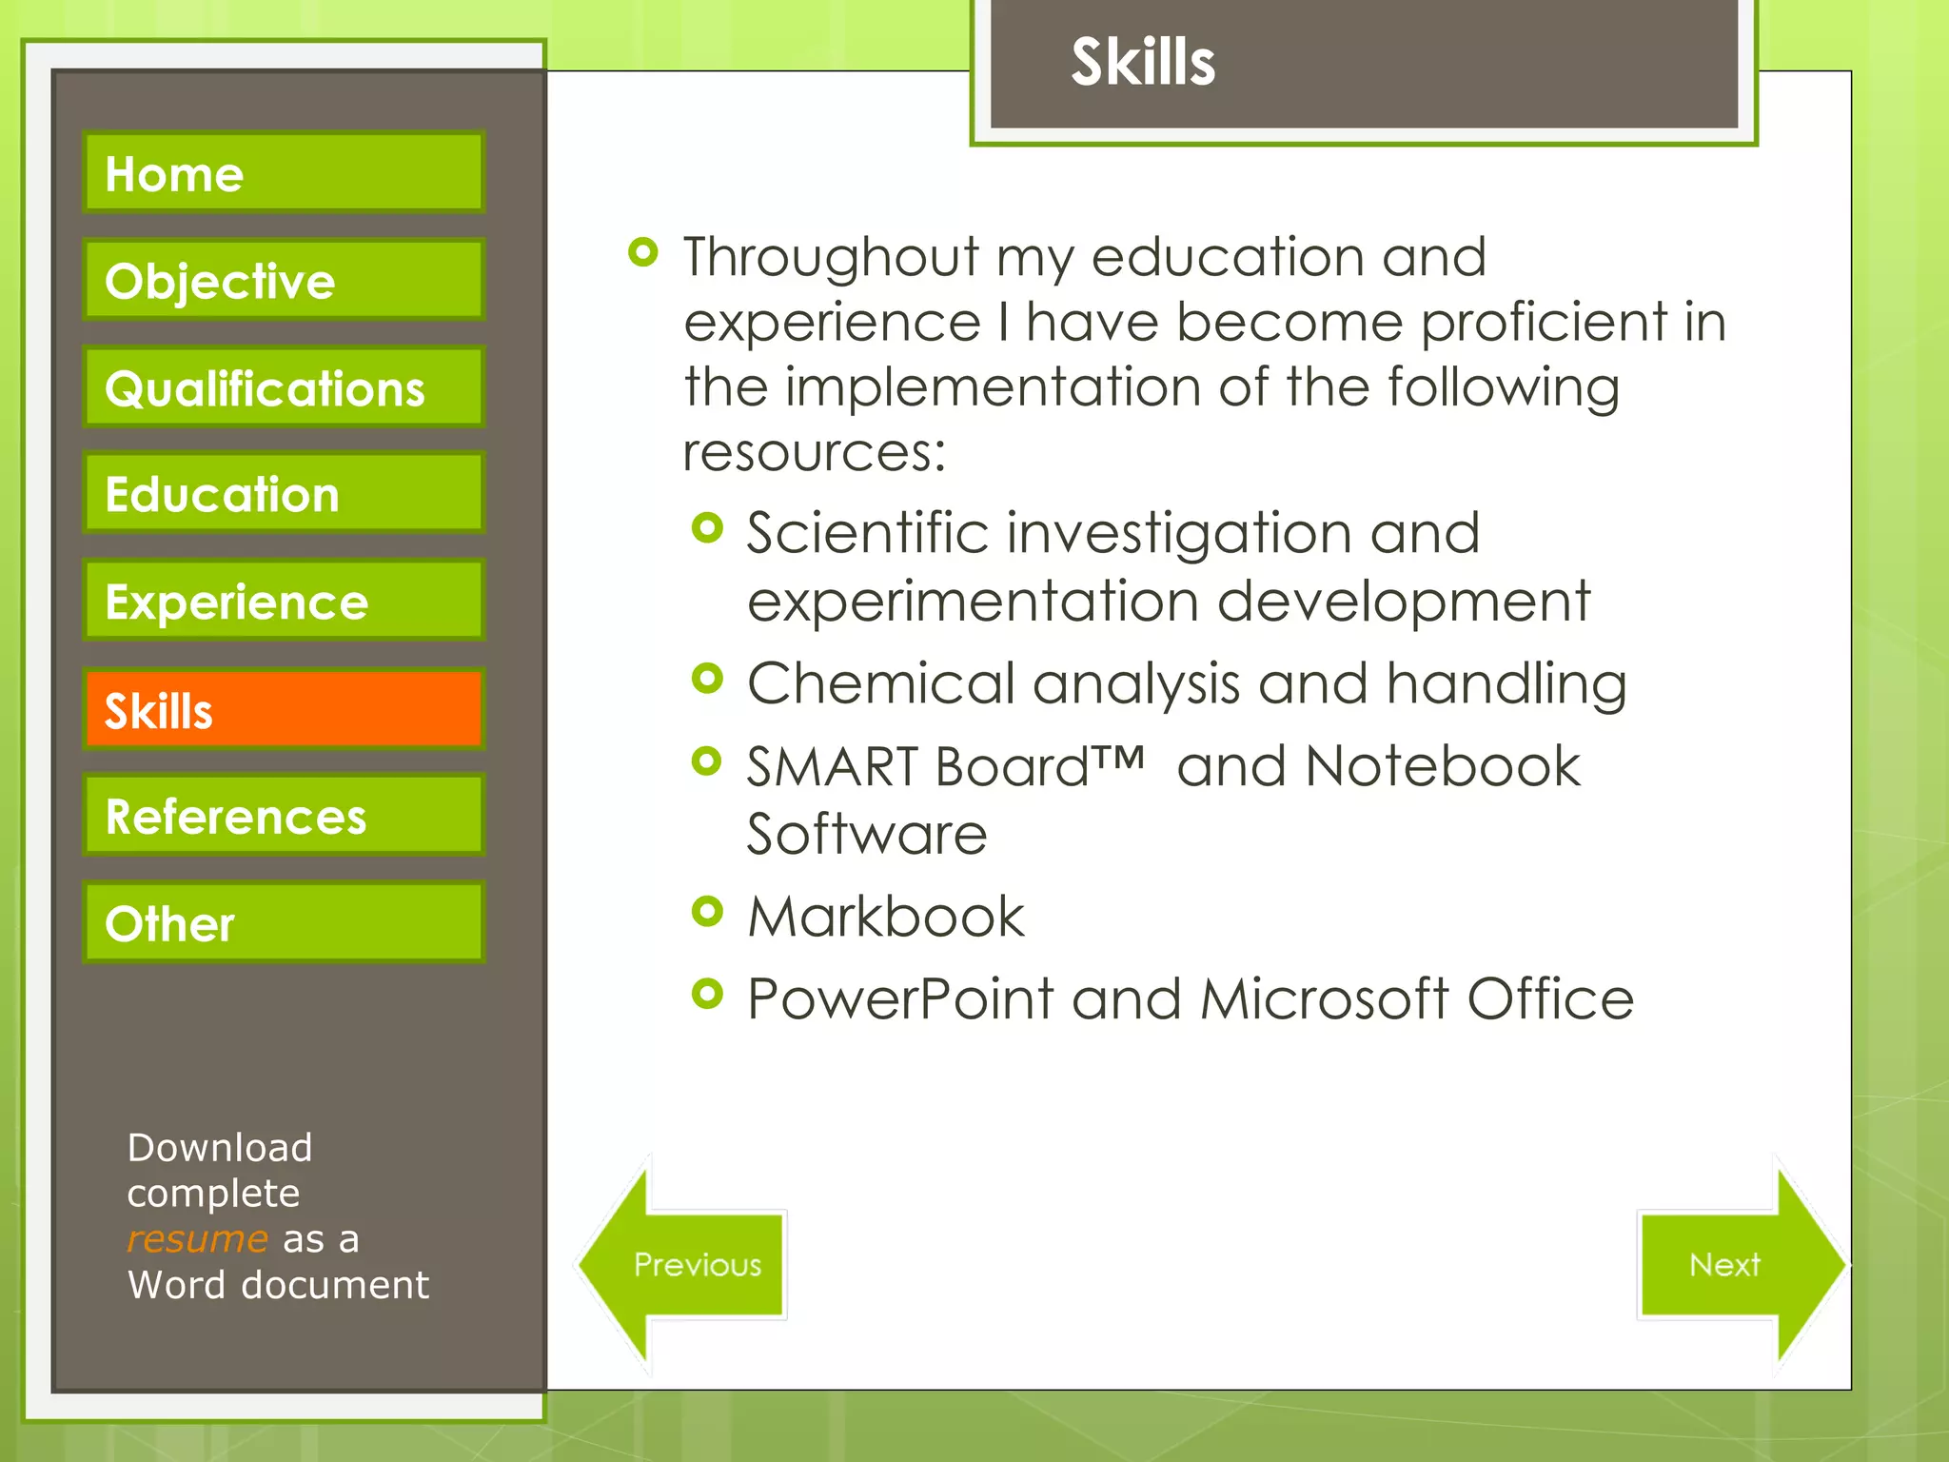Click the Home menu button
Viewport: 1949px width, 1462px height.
(284, 172)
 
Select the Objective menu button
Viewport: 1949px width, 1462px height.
(284, 280)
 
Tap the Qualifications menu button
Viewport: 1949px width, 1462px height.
(284, 387)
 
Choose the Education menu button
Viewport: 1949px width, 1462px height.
(284, 493)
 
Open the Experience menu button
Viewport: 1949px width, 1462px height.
(284, 601)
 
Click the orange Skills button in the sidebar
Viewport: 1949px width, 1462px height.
(284, 709)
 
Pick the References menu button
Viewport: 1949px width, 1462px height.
(284, 816)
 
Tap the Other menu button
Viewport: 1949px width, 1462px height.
(284, 922)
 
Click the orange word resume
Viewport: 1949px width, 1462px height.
(197, 1238)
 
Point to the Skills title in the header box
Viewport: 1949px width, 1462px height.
(1143, 62)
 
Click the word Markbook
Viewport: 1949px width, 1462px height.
(885, 918)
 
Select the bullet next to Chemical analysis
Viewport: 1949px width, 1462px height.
(707, 679)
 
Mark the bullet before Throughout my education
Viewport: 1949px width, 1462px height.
(643, 252)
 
